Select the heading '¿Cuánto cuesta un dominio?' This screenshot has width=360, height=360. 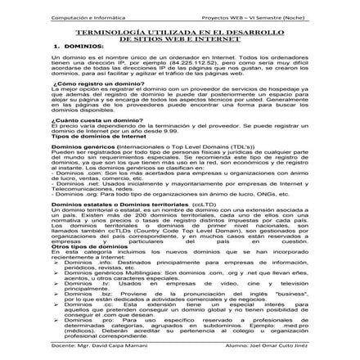[88, 119]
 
